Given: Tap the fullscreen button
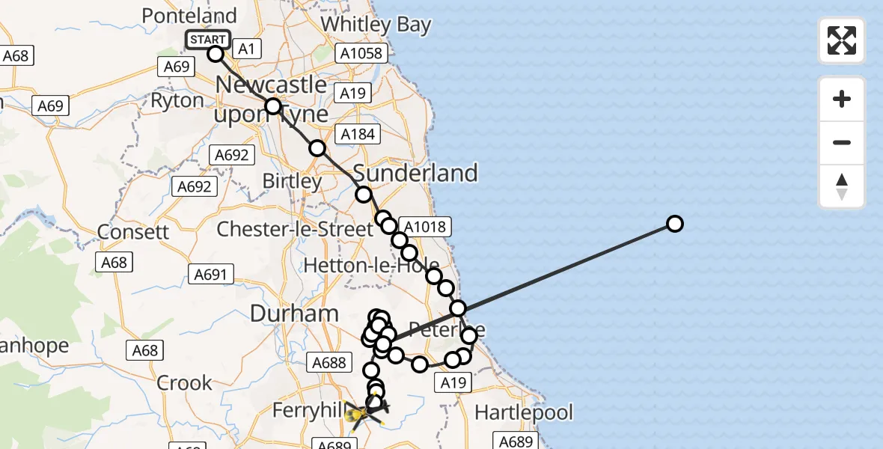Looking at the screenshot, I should point(842,40).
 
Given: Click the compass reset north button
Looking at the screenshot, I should point(842,186).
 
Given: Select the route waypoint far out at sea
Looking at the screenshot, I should point(674,224).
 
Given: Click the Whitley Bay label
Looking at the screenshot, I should point(376,24).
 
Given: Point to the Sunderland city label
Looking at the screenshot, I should point(415,173).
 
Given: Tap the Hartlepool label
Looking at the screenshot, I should point(524,412).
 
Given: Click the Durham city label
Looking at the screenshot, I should point(294,314).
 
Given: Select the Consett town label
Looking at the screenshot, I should point(134,231).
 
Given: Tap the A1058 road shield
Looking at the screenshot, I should point(361,53).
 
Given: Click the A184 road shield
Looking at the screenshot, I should point(358,134).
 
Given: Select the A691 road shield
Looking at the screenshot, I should point(210,275).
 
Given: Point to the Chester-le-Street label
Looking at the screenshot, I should point(294,229).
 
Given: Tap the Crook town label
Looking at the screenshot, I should point(184,383).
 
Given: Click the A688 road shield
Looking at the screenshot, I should point(329,363).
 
